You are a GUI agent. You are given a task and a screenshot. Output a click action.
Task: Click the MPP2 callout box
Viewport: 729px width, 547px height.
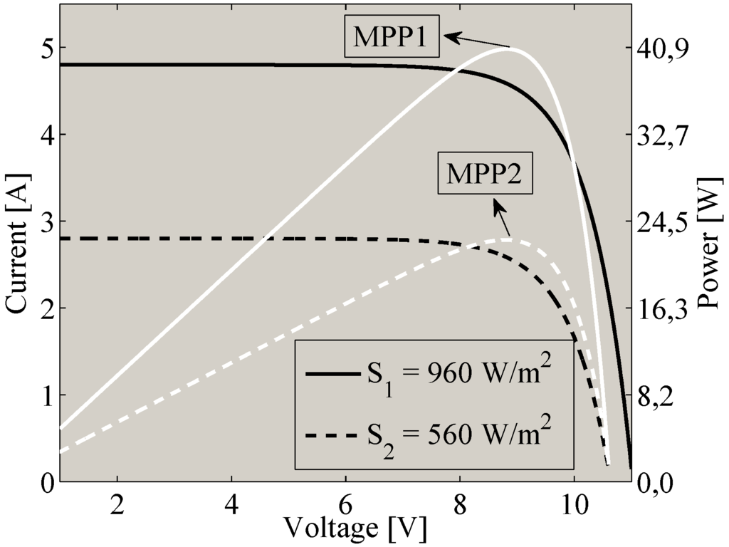484,174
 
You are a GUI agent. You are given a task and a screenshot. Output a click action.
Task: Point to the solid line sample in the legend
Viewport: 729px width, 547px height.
332,373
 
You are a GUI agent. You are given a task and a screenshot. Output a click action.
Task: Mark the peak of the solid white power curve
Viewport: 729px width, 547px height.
508,48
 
